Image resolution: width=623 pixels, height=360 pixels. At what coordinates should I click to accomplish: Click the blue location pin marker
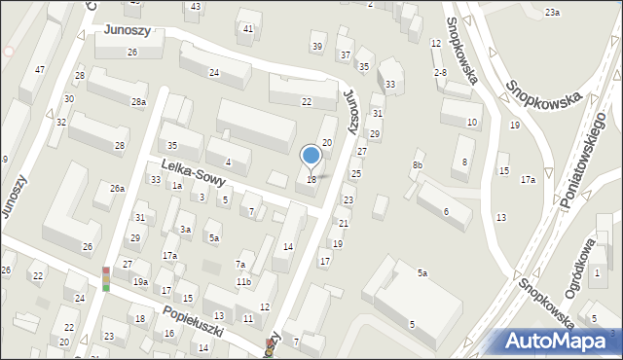click(311, 156)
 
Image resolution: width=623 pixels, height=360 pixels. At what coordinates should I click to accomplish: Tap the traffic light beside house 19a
click(106, 279)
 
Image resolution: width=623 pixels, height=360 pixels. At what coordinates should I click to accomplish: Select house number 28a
click(139, 102)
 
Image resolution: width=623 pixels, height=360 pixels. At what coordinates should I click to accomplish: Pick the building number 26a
click(117, 189)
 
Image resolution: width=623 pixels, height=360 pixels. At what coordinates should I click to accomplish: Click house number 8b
click(418, 165)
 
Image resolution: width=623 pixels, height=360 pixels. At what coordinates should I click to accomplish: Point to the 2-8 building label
click(440, 73)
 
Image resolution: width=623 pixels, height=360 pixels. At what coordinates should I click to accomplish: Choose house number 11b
click(243, 282)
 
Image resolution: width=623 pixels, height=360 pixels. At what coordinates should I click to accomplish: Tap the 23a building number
click(552, 13)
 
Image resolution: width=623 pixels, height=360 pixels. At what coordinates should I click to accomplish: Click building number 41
click(248, 29)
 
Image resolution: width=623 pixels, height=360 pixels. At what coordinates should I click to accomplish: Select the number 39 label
click(316, 47)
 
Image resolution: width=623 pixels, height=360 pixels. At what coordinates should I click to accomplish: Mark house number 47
click(39, 70)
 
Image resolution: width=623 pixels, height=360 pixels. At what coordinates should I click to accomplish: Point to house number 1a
click(177, 185)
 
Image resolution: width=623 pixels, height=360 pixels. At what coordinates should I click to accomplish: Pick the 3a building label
click(185, 230)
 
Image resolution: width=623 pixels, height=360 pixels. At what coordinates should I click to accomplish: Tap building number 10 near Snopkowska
click(472, 123)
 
